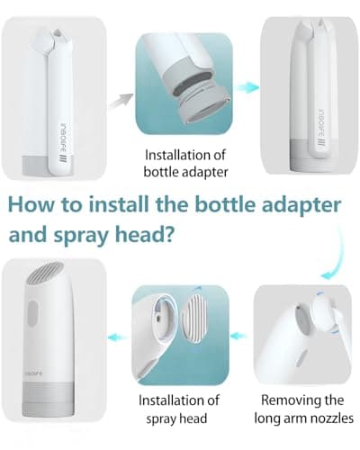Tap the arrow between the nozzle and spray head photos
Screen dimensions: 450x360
click(x=237, y=334)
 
